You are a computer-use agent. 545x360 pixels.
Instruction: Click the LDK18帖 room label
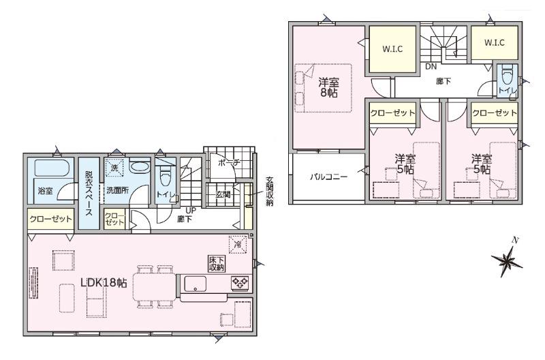(104, 282)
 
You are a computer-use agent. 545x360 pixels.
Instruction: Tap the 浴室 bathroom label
(45, 191)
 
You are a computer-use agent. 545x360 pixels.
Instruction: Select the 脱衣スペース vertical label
(89, 193)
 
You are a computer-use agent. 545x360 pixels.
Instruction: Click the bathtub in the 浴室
(53, 167)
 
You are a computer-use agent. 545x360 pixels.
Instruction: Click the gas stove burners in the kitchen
(240, 282)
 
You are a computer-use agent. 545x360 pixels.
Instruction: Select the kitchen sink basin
(195, 284)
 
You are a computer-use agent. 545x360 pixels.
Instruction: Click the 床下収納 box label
(217, 264)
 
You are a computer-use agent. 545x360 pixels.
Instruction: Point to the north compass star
(507, 260)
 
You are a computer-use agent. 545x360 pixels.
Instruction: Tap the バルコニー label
(328, 177)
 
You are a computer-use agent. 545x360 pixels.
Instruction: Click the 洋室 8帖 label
(329, 88)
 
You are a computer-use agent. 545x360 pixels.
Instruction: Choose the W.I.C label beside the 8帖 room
(392, 49)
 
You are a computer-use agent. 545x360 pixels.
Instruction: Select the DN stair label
(431, 67)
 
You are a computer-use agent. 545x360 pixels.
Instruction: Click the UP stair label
(191, 211)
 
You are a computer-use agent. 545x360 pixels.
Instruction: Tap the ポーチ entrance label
(229, 162)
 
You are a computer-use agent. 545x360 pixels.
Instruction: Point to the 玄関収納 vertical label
(269, 192)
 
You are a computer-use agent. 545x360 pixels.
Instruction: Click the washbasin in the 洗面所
(139, 166)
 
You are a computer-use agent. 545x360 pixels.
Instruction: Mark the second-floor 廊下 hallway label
(443, 81)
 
